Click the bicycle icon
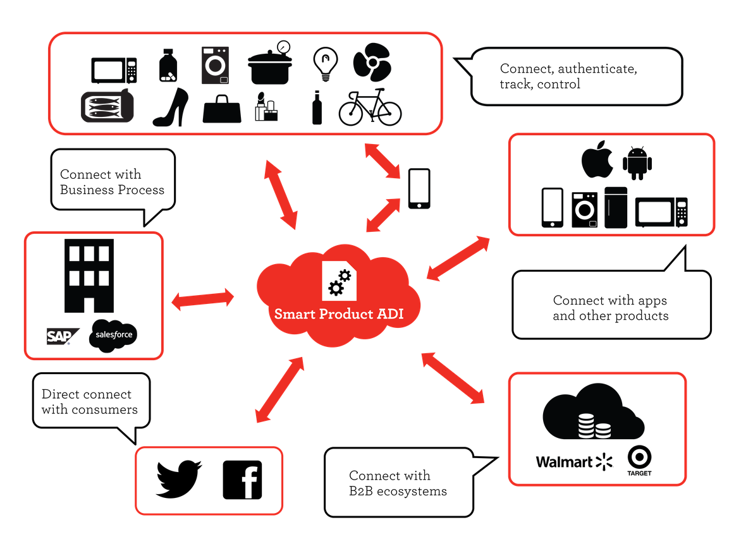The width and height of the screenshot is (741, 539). [x=370, y=107]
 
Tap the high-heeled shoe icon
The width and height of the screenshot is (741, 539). [x=171, y=107]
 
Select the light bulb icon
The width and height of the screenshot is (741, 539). [x=325, y=64]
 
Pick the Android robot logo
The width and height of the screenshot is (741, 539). [x=637, y=162]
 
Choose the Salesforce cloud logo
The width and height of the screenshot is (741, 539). [x=114, y=335]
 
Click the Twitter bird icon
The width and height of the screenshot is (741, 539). [x=179, y=479]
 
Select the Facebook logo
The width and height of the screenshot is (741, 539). [x=242, y=480]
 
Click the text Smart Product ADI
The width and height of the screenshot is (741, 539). [x=339, y=313]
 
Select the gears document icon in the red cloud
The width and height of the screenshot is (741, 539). [x=339, y=280]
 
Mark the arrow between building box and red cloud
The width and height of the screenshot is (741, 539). [x=202, y=300]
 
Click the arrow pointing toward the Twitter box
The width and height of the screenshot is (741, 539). [x=279, y=389]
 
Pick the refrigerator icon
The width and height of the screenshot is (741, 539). [x=615, y=207]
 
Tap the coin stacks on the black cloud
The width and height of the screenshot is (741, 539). [x=594, y=427]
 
